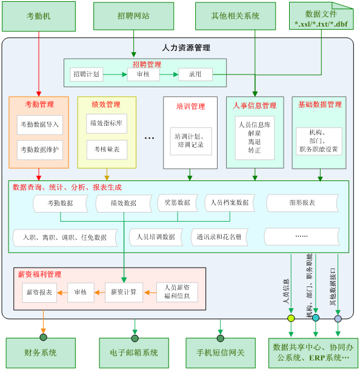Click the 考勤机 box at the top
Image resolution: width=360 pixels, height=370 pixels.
[x=39, y=16]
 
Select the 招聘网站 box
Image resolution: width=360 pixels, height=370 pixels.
[x=133, y=16]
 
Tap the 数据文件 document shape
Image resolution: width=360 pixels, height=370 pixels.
[x=321, y=16]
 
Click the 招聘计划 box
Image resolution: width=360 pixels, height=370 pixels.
[x=87, y=74]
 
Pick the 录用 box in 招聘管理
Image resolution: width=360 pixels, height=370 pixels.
[x=195, y=74]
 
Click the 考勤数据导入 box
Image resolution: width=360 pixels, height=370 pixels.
[x=39, y=125]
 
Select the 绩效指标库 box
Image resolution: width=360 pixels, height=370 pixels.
[x=107, y=124]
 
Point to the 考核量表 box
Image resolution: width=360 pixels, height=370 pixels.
[x=107, y=150]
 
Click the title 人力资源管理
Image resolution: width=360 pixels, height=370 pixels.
[x=186, y=48]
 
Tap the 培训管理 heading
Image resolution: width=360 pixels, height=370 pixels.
[x=191, y=107]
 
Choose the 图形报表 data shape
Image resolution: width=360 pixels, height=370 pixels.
[x=302, y=203]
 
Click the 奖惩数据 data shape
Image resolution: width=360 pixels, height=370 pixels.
[x=178, y=202]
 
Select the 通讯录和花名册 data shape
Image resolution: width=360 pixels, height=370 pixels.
[x=219, y=237]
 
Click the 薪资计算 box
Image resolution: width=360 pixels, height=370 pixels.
[x=124, y=292]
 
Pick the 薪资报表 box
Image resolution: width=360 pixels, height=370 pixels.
[x=39, y=292]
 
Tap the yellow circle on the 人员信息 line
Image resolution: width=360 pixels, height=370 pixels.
[x=291, y=318]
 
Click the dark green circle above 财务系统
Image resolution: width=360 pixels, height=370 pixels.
[x=44, y=337]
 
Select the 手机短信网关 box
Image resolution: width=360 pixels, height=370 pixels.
[x=221, y=353]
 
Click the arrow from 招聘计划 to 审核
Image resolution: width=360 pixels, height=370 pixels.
[x=115, y=74]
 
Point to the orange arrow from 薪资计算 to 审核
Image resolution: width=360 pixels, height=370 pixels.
[x=99, y=292]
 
